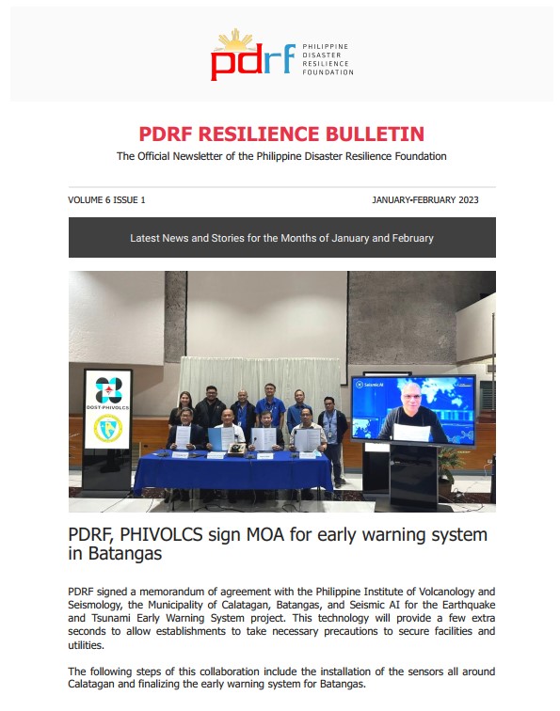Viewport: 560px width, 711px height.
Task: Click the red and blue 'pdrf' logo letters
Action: [248, 62]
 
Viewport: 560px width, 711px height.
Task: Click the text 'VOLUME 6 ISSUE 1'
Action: [106, 200]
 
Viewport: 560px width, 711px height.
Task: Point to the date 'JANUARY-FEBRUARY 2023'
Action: [433, 200]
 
